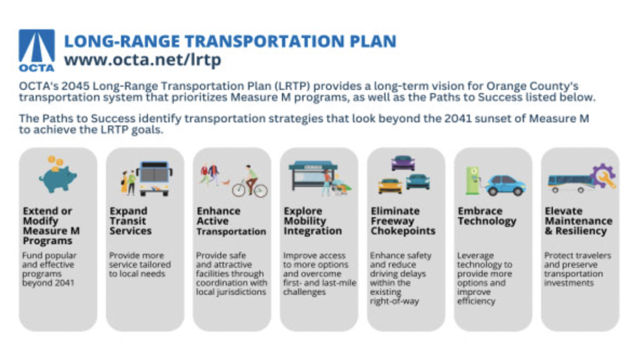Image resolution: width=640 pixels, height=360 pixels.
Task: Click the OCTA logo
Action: tap(37, 51)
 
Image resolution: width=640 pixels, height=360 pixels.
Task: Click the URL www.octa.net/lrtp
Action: tap(142, 59)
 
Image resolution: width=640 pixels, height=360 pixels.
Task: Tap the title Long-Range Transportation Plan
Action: tap(230, 41)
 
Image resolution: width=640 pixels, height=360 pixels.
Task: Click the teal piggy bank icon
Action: tap(57, 179)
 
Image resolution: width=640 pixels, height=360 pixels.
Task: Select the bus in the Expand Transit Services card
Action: tap(155, 178)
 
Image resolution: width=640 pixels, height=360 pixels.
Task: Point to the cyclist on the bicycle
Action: tap(249, 182)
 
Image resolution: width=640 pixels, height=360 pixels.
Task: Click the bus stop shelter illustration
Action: tap(314, 176)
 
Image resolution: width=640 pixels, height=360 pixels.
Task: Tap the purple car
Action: tap(403, 163)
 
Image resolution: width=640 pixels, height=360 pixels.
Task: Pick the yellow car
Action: tap(390, 186)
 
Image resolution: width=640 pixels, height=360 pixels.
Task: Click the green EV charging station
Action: tap(472, 180)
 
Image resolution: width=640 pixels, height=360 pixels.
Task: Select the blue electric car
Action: tap(505, 185)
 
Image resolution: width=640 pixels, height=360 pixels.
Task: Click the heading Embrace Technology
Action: tap(487, 216)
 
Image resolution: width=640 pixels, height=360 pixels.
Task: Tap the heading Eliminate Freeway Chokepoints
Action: tap(403, 221)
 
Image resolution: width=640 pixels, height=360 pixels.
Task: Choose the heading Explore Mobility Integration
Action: tap(312, 221)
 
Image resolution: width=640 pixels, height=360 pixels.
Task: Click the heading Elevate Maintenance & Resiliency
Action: tap(578, 221)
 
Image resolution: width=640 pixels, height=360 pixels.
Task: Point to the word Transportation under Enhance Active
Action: tap(231, 231)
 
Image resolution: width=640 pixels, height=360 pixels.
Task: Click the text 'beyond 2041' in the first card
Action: tap(48, 283)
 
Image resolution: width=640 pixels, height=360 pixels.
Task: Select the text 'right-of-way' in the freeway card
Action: tap(394, 302)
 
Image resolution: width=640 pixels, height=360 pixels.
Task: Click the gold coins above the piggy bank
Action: tap(56, 162)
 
